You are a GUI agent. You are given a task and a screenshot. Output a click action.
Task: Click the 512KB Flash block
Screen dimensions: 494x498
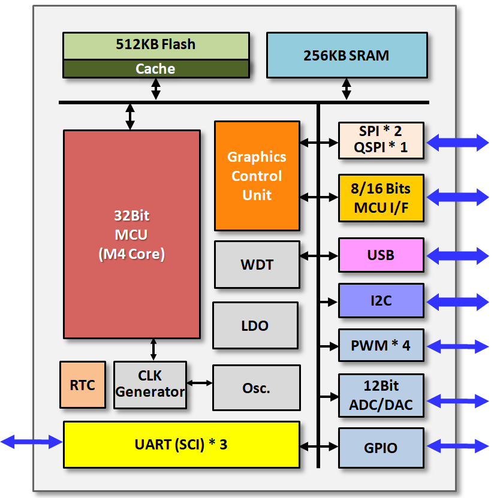coord(156,46)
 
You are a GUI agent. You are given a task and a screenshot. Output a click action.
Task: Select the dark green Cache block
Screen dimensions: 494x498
coord(156,68)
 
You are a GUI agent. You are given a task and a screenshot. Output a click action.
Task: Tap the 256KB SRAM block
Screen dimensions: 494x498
coord(347,55)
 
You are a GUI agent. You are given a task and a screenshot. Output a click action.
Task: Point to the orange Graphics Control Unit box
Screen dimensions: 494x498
coord(257,176)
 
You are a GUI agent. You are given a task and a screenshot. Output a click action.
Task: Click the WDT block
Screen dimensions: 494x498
coord(257,264)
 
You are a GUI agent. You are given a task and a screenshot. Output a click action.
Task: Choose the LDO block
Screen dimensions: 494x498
coord(255,325)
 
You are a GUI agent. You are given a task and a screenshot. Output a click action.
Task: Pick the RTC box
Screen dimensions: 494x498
coord(83,385)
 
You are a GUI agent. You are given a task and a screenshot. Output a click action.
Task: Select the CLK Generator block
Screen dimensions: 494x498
coord(150,385)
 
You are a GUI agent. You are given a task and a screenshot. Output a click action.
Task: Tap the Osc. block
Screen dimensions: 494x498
coord(257,388)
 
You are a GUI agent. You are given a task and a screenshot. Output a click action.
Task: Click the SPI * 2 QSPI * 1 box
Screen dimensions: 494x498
coord(381,140)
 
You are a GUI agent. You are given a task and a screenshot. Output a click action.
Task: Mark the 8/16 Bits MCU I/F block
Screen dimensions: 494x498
coord(381,198)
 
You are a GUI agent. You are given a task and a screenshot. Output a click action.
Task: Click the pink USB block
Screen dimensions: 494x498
coord(381,255)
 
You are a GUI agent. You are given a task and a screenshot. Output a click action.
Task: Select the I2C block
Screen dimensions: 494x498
coord(381,300)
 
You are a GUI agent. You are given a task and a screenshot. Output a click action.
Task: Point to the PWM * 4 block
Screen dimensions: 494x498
coord(381,345)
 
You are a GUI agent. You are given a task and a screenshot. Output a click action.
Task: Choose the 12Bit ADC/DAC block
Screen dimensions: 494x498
coord(381,396)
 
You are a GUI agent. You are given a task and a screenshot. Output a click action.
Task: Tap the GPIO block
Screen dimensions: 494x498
coord(381,448)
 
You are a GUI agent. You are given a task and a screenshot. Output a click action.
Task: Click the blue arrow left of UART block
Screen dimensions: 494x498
coord(31,442)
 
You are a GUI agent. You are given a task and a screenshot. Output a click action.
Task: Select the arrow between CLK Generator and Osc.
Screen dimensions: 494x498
coord(199,383)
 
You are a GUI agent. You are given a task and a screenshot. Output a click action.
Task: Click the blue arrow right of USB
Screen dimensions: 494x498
coord(457,256)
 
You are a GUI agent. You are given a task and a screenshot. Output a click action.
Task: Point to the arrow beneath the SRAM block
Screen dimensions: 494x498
coord(347,89)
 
